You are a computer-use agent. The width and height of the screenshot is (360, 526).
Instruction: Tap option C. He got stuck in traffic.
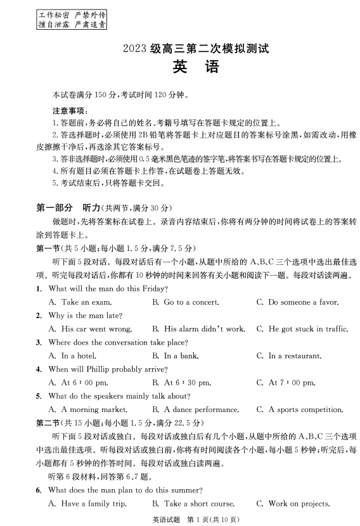303,329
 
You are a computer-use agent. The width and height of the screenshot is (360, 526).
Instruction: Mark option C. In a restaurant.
293,356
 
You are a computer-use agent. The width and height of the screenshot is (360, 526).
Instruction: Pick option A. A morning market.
88,409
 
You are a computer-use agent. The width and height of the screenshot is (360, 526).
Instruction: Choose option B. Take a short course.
191,504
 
